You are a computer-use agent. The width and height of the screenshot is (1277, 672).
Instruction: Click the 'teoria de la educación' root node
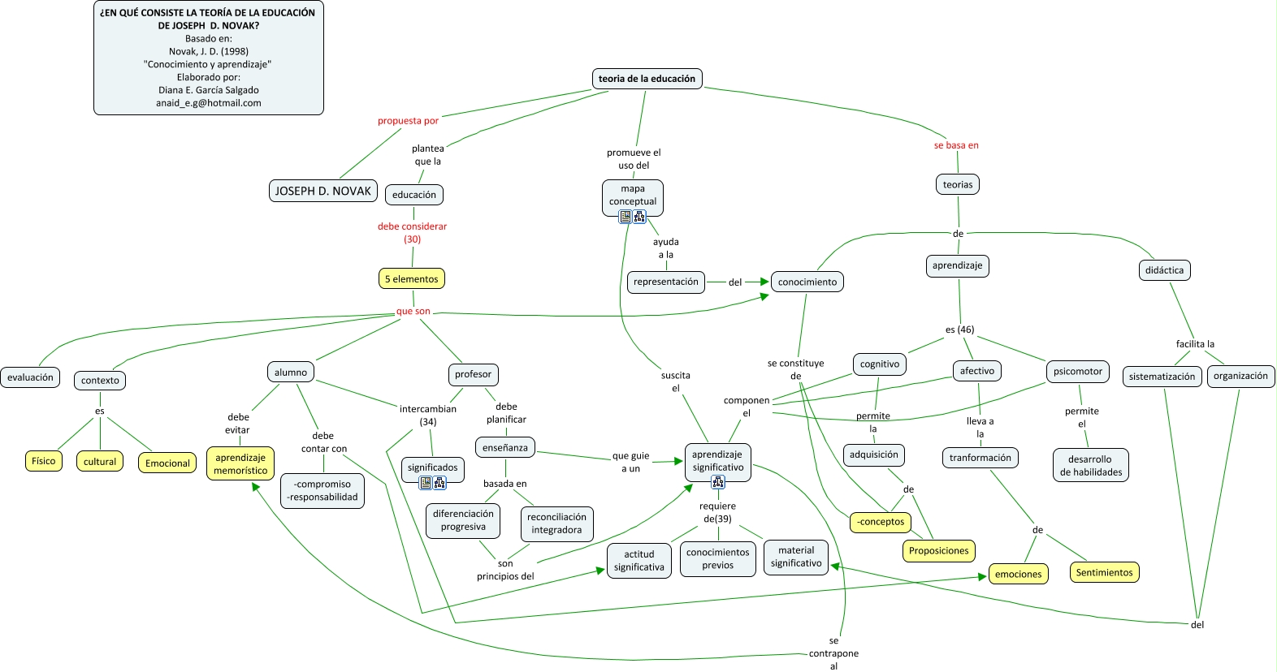click(647, 79)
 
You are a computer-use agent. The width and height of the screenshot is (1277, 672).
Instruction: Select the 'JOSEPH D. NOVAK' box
click(323, 191)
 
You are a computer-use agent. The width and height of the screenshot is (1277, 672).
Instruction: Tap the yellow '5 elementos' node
click(412, 279)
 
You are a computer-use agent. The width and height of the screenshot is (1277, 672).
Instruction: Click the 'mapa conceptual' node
click(633, 196)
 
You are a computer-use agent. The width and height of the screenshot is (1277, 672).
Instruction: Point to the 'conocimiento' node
click(807, 282)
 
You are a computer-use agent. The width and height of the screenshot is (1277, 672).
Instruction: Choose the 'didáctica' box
click(1164, 270)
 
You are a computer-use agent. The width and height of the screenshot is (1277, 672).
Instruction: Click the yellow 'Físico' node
click(44, 461)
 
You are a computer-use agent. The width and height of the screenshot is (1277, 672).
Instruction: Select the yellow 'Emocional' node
click(167, 463)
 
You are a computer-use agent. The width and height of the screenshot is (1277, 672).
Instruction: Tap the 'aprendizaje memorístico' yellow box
click(240, 464)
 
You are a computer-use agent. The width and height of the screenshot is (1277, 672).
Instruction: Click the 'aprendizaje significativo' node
click(717, 461)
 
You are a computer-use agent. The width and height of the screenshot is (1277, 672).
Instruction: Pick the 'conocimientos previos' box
click(718, 559)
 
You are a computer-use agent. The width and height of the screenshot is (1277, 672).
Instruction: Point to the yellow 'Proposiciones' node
click(938, 551)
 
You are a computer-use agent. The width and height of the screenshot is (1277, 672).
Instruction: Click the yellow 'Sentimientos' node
click(1104, 573)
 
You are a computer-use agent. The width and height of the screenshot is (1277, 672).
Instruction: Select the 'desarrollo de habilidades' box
click(1091, 466)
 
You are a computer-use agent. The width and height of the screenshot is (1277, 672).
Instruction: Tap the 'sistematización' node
click(1162, 377)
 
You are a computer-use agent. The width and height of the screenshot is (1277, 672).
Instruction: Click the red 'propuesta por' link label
click(408, 121)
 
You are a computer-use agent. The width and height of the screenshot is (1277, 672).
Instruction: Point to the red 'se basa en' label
click(956, 145)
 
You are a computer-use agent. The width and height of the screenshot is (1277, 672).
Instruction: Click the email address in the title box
click(209, 103)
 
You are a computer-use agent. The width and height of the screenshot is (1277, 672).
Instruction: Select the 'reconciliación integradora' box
click(556, 523)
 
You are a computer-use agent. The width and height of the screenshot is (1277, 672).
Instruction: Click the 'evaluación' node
click(31, 377)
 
